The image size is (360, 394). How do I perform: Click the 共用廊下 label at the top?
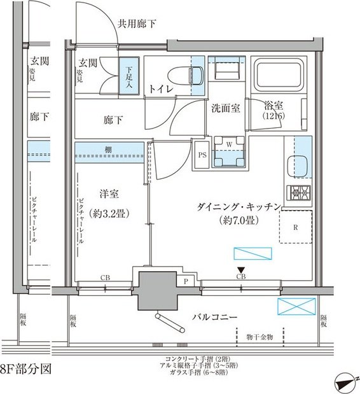tap(137, 24)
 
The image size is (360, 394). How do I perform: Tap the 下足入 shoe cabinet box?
tap(129, 76)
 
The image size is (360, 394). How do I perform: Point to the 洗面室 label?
tap(226, 108)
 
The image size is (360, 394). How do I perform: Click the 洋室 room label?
tap(110, 194)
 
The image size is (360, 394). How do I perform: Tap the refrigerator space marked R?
tap(296, 227)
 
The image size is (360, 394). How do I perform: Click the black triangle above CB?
tap(241, 269)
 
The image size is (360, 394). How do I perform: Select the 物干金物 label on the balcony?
tap(259, 336)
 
